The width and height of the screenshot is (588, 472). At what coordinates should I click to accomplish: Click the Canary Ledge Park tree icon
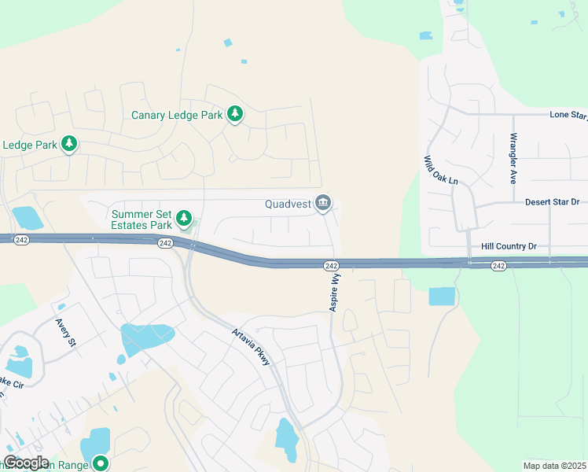tap(234, 115)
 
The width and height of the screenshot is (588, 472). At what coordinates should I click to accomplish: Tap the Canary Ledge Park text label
tap(178, 116)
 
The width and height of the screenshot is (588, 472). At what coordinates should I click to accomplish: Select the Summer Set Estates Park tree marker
tap(184, 218)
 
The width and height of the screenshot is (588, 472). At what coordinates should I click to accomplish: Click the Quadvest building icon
tap(322, 204)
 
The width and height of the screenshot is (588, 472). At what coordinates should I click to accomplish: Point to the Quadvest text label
tap(288, 204)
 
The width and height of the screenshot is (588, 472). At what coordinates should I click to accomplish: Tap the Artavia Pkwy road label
tap(252, 347)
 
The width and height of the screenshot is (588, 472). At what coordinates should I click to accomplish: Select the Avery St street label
tap(64, 332)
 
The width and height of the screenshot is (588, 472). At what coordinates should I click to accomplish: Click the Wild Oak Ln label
tap(441, 170)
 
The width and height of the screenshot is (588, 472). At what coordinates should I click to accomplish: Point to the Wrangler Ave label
tap(513, 157)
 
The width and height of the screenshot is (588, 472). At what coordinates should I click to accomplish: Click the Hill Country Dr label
tap(509, 246)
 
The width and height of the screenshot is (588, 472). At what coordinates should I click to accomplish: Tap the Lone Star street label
tap(568, 115)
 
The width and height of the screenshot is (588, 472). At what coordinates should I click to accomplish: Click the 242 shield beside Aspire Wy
tap(331, 267)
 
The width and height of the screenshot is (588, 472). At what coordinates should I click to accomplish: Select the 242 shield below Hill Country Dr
tap(498, 266)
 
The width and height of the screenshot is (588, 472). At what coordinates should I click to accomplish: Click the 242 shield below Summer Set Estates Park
tap(164, 243)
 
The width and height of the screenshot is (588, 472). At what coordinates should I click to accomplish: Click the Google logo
tap(26, 463)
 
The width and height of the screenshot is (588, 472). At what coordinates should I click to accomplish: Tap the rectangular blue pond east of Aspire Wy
tap(442, 297)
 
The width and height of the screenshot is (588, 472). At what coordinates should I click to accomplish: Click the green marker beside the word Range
tap(100, 463)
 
